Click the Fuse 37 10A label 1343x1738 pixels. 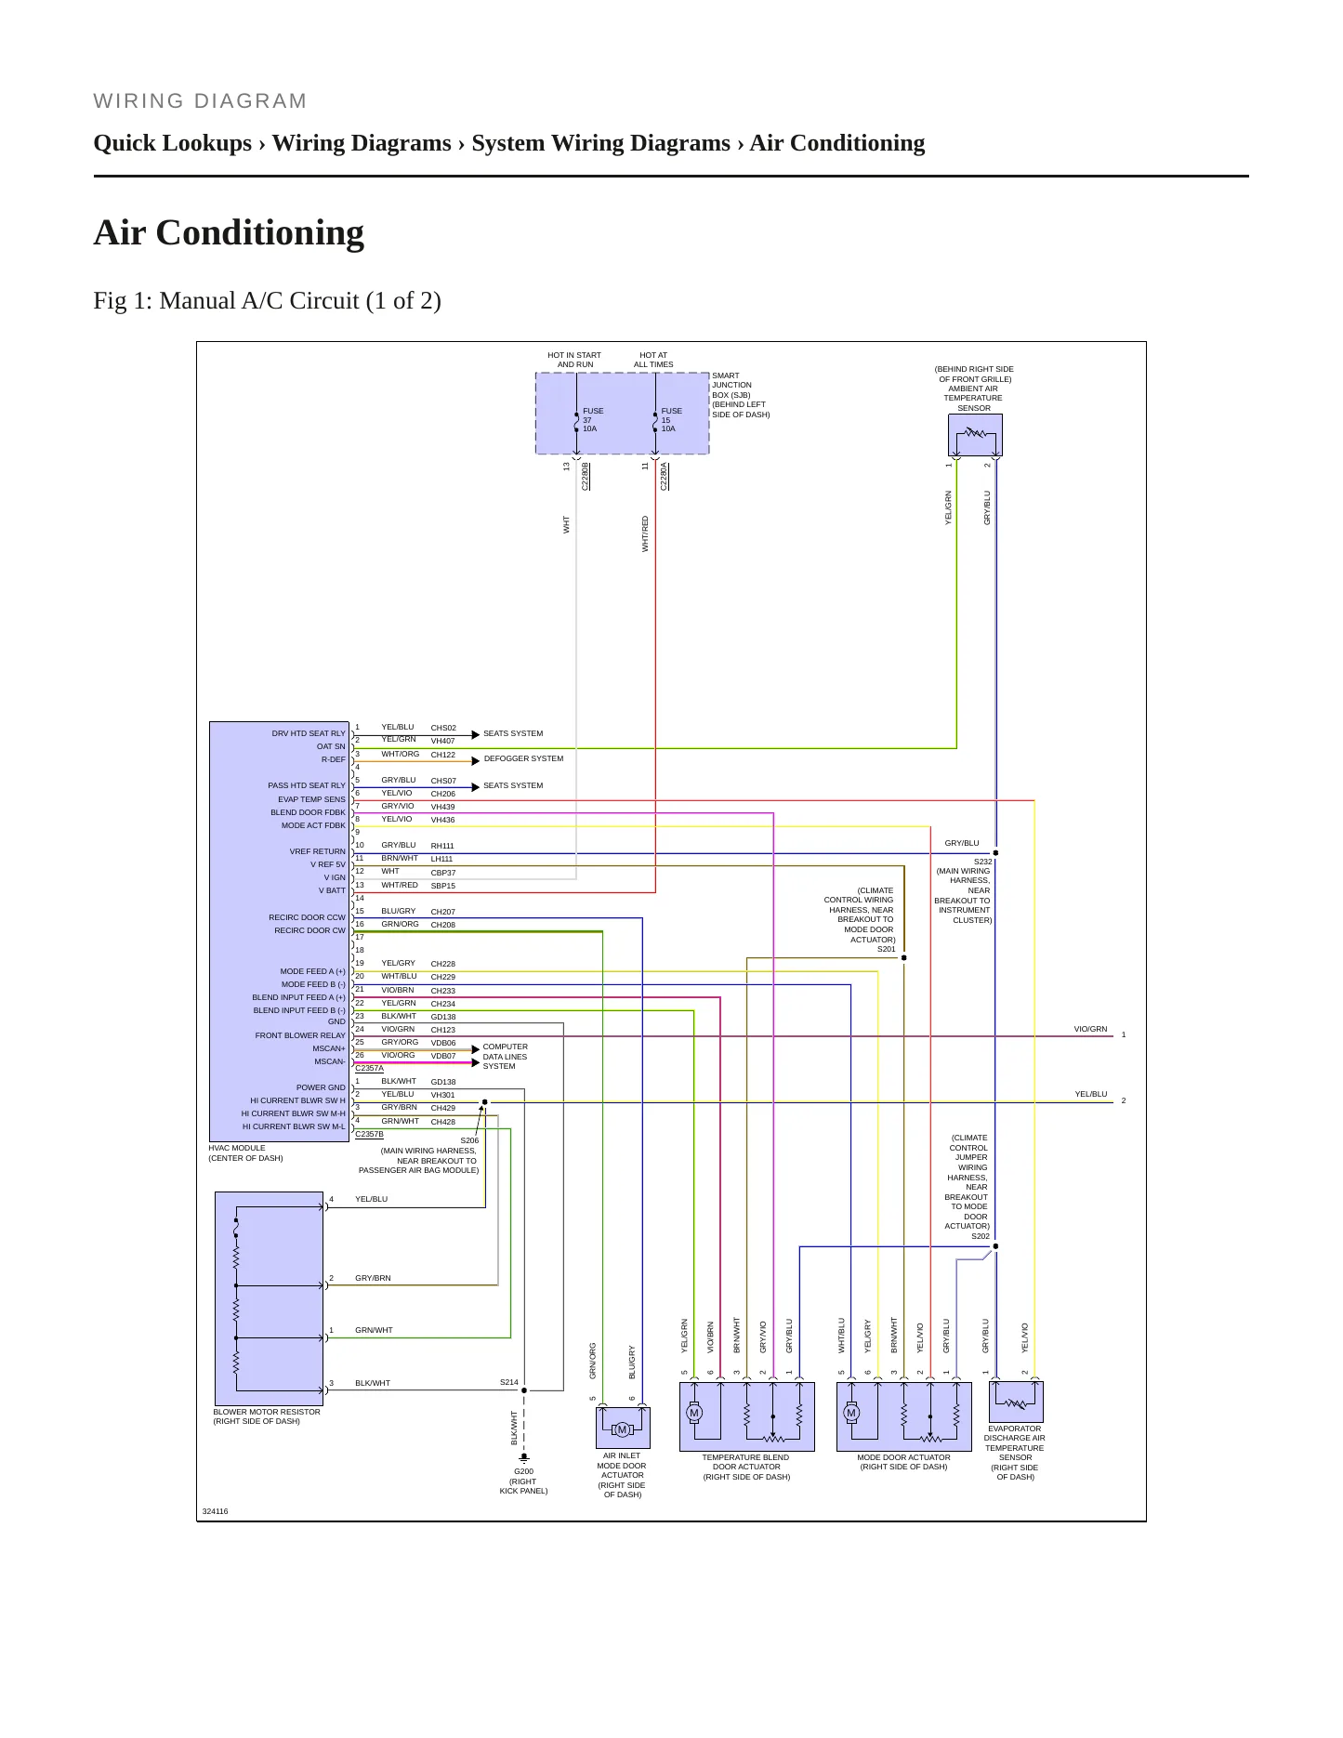coord(593,419)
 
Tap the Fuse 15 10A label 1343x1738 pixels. coord(671,419)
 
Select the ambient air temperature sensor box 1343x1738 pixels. coord(975,434)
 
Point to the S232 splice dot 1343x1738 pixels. coord(995,852)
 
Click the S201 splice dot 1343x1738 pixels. coord(904,957)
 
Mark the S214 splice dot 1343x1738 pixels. coord(524,1390)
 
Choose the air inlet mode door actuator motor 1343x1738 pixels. coord(623,1429)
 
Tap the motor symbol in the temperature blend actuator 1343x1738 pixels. coord(693,1414)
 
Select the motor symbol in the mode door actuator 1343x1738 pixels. coord(850,1414)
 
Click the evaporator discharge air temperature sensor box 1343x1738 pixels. coord(1016,1402)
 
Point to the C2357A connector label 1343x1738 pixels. coord(369,1068)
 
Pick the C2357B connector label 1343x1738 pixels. coord(369,1134)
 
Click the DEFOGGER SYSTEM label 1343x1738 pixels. coord(523,758)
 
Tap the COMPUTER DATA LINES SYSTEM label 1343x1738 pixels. coord(505,1057)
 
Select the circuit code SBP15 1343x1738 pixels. coord(443,886)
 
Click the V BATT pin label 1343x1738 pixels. coord(332,890)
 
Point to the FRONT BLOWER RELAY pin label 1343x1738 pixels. coord(300,1035)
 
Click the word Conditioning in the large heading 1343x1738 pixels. coord(260,233)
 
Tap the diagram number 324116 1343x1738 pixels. coord(215,1511)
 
